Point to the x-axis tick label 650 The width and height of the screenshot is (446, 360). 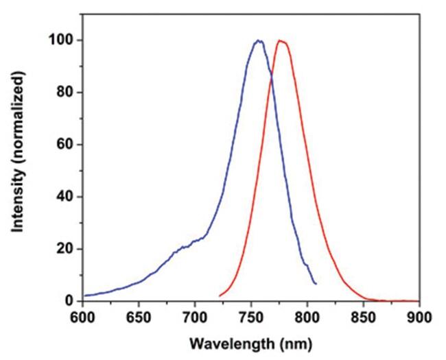pyautogui.click(x=139, y=317)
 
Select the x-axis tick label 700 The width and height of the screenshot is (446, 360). pyautogui.click(x=195, y=317)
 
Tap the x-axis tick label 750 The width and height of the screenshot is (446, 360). pyautogui.click(x=251, y=317)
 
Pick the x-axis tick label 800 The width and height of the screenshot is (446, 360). pyautogui.click(x=307, y=317)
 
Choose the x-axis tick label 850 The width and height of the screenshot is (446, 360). pyautogui.click(x=364, y=317)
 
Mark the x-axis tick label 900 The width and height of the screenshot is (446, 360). pyautogui.click(x=419, y=317)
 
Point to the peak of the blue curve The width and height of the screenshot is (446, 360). pyautogui.click(x=258, y=40)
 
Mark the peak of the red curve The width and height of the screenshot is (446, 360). pyautogui.click(x=280, y=40)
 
